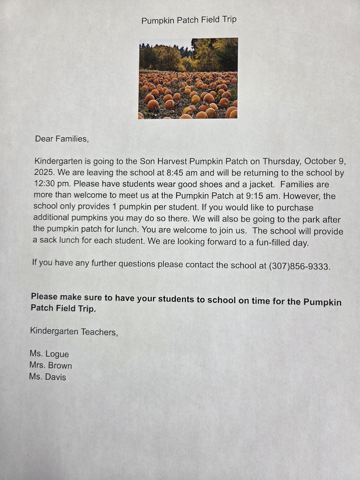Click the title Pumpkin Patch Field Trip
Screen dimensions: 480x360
pos(189,20)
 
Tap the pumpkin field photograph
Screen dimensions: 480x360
pos(188,78)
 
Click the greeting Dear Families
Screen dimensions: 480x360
pos(62,139)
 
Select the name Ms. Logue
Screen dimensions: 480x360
pos(49,354)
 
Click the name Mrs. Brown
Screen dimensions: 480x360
pos(50,365)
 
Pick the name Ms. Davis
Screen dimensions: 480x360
pos(48,377)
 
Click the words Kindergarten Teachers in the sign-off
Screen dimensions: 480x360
pos(73,331)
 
